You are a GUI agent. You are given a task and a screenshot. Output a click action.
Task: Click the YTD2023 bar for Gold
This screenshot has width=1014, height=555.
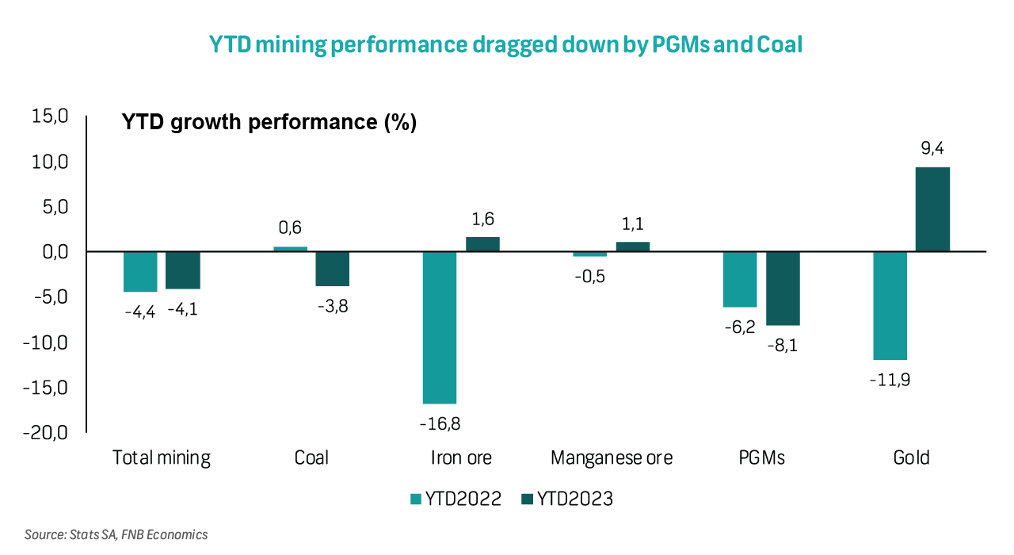932,209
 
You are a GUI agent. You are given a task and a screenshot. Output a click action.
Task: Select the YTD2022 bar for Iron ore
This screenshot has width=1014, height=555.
440,327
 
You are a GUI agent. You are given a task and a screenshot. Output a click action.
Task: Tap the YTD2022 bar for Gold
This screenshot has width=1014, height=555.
890,306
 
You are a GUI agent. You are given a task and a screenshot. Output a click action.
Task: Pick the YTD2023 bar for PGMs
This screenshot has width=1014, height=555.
783,289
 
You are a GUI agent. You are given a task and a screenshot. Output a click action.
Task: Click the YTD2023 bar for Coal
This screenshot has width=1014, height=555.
333,269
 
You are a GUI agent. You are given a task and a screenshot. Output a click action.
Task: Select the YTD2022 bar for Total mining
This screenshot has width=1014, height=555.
140,272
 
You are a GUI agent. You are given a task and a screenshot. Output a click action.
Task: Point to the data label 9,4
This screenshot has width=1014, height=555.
932,149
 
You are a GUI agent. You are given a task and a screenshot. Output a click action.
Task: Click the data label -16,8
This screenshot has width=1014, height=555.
440,423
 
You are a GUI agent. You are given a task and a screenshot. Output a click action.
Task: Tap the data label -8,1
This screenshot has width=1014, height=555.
783,345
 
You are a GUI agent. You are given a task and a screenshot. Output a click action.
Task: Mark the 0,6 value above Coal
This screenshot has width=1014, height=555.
291,228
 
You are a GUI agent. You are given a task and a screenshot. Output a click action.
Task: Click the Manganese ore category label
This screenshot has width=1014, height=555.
611,458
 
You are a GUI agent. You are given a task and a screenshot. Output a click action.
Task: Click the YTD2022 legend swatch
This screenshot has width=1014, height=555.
415,499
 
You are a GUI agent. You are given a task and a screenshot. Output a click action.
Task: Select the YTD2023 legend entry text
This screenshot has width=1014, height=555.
575,499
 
